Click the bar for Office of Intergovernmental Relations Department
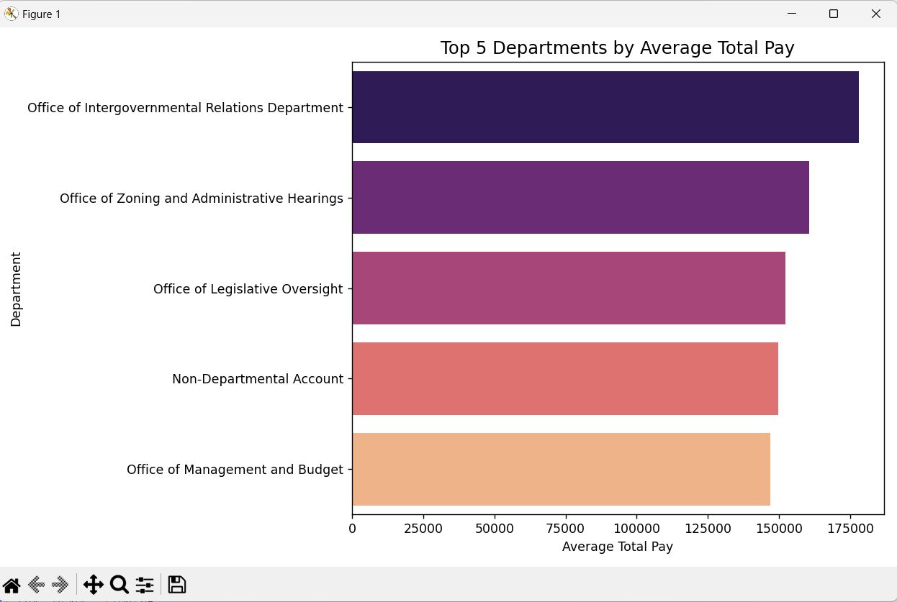coord(605,107)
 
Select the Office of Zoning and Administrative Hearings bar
coord(580,198)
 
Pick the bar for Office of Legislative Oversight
coord(568,288)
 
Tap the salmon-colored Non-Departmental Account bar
coord(564,378)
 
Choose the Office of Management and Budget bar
coord(561,469)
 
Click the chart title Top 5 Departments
coord(617,48)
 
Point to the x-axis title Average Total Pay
coord(617,547)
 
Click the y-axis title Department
coord(16,289)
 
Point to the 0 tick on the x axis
coord(352,529)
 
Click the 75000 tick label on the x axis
coord(565,529)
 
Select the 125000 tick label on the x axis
coord(708,529)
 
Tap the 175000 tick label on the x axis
coord(850,529)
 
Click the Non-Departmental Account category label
coord(258,379)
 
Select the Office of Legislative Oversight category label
coord(248,289)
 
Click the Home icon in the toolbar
coord(12,585)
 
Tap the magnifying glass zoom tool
coord(119,585)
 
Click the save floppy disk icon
coord(176,585)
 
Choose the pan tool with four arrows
coord(93,585)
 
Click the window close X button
coord(876,14)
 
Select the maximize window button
coord(834,14)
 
